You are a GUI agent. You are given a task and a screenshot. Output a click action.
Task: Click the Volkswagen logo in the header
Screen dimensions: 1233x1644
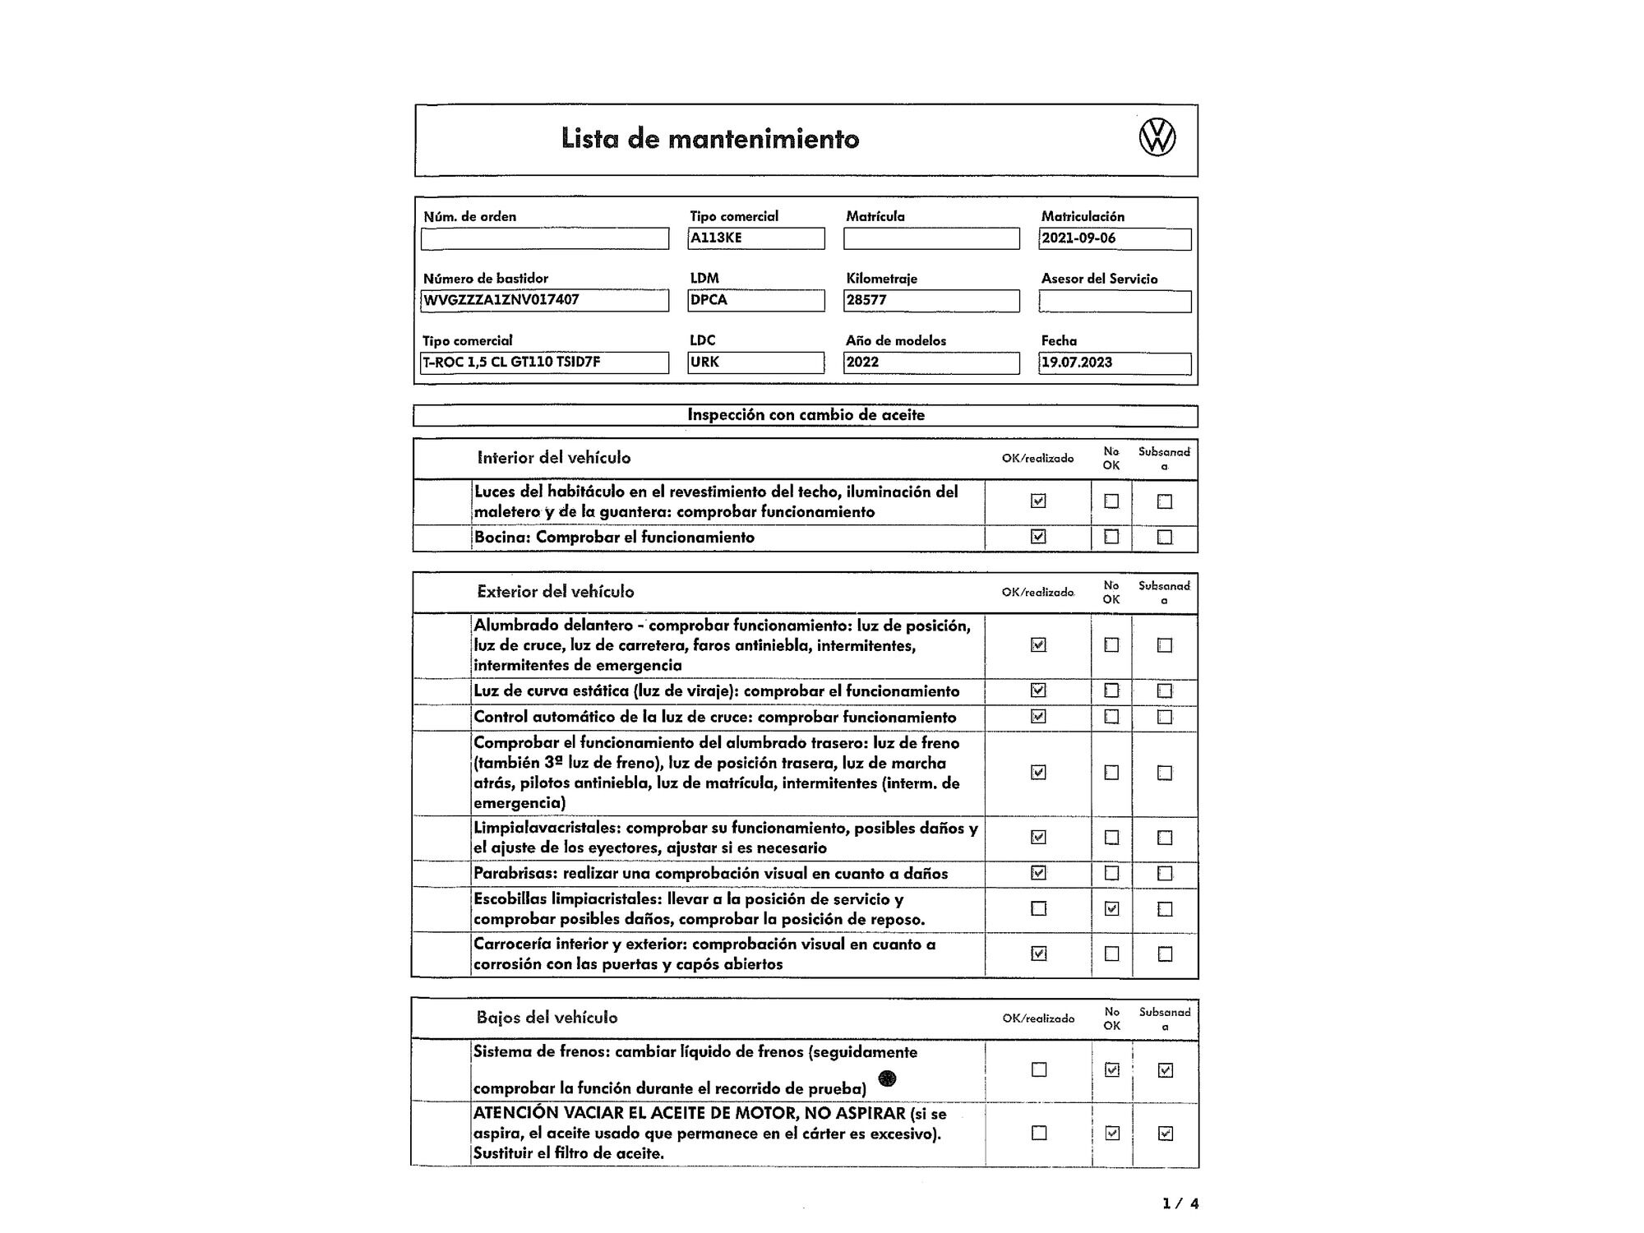point(1157,137)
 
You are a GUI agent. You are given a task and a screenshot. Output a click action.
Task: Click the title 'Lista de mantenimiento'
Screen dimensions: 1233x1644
point(710,139)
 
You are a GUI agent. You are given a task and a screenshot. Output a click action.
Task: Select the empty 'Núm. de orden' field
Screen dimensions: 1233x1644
point(545,238)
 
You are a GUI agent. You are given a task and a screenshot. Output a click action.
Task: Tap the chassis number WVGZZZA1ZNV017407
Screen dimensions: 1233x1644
point(501,300)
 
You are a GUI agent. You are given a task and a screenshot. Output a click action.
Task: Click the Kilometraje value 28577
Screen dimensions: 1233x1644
point(866,300)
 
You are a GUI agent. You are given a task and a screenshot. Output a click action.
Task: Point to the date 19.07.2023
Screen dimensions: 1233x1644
point(1077,363)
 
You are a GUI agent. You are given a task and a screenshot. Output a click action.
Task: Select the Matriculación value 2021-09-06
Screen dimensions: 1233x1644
point(1078,238)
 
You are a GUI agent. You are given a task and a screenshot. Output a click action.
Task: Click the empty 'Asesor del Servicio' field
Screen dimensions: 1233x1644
point(1115,302)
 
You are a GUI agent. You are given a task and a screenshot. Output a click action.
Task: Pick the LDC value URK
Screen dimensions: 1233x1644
point(704,363)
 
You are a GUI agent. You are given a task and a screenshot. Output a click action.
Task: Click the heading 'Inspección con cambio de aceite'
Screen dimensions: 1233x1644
point(806,415)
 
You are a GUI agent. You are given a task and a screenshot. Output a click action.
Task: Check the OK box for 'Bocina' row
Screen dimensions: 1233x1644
point(1038,537)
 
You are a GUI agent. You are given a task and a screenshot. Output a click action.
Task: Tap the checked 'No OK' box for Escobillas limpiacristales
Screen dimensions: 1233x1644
point(1111,908)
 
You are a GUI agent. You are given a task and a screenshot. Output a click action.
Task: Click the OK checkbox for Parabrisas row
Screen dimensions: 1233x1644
point(1038,873)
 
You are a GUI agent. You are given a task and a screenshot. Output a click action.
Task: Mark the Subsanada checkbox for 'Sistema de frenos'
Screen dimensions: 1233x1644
point(1165,1070)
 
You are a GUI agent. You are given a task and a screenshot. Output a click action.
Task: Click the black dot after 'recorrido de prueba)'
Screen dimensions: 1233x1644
point(887,1078)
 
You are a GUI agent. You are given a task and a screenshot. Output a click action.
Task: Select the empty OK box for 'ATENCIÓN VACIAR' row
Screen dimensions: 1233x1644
point(1039,1133)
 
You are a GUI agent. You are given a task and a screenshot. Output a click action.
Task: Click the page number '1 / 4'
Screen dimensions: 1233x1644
point(1180,1204)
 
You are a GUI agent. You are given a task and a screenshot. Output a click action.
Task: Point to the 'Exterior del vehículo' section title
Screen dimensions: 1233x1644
point(556,592)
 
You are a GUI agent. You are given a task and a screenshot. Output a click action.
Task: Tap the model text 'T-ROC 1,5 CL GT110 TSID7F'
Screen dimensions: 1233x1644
point(511,363)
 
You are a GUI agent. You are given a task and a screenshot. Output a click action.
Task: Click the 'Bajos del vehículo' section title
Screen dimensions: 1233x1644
point(547,1018)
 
